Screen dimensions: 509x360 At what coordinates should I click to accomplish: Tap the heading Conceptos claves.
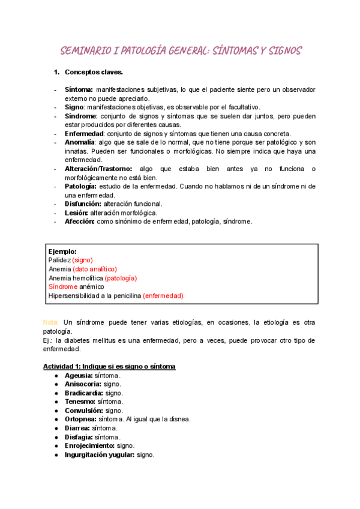coord(94,73)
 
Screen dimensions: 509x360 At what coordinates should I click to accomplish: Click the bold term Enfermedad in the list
coord(85,133)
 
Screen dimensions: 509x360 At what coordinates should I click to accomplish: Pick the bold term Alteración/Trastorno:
coord(98,169)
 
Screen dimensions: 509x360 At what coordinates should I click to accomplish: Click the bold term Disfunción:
coord(83,204)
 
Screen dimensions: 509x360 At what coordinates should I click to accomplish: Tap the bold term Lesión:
coord(76,213)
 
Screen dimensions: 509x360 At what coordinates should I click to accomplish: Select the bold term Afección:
coord(80,221)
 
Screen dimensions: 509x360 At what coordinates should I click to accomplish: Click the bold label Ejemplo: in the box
coord(62,251)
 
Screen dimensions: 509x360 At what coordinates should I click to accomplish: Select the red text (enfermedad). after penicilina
coord(164,295)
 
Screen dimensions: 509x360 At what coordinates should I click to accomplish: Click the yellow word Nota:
coord(51,322)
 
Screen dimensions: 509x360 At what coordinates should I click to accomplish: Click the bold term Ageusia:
coord(79,375)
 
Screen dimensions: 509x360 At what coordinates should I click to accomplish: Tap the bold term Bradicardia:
coord(84,393)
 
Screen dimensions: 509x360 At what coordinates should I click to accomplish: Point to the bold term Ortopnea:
coord(80,419)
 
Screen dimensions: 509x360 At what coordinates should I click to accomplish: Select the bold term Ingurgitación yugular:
coord(100,455)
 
